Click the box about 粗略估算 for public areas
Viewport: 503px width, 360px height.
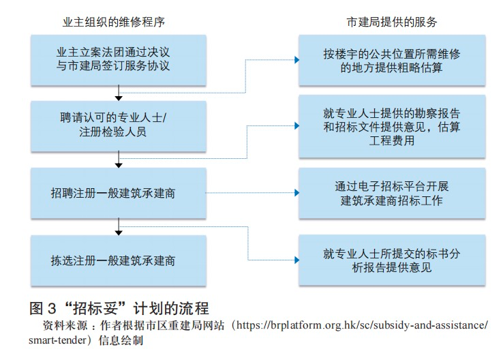[x=391, y=60]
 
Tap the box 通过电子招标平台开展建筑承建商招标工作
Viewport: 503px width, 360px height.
[x=391, y=193]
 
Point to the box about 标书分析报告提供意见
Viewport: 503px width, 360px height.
[x=391, y=260]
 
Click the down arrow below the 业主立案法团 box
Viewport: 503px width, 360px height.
[x=119, y=95]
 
